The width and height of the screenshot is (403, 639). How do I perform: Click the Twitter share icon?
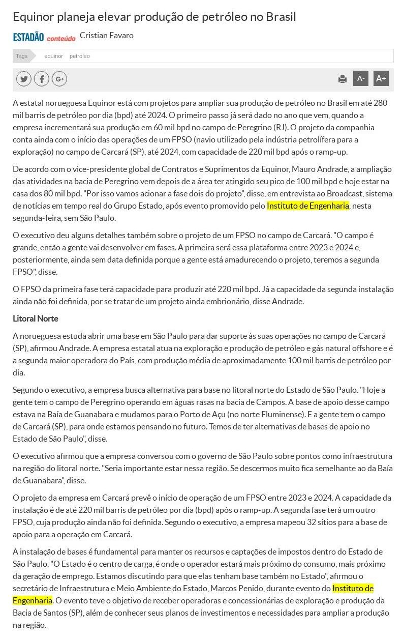23,79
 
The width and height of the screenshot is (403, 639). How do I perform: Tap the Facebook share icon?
41,79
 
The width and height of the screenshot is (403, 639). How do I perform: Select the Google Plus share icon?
59,79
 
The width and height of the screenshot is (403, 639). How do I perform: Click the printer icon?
343,79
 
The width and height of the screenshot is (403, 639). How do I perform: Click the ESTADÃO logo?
28,37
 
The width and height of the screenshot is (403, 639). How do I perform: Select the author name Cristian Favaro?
107,36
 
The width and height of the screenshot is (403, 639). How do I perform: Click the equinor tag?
53,56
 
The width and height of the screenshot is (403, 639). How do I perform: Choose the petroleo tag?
79,56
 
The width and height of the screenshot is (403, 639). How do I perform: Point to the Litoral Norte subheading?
36,319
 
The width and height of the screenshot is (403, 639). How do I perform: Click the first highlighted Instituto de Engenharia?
307,206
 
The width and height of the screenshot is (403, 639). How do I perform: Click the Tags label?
21,56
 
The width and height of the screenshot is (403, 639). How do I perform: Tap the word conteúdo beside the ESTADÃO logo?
61,38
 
